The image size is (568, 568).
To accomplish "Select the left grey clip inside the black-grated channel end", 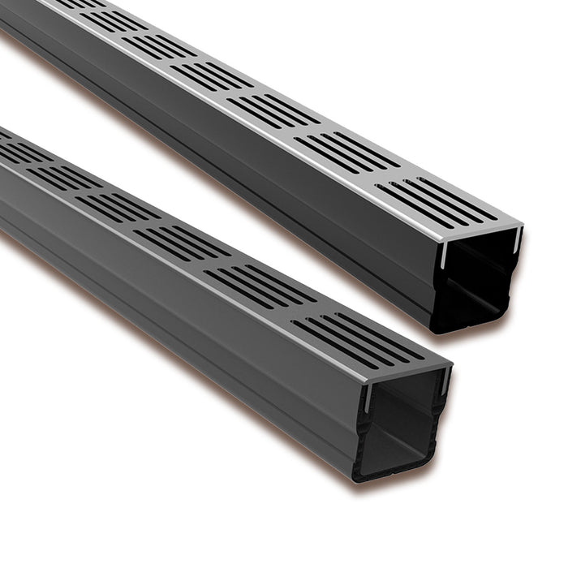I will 368,398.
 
